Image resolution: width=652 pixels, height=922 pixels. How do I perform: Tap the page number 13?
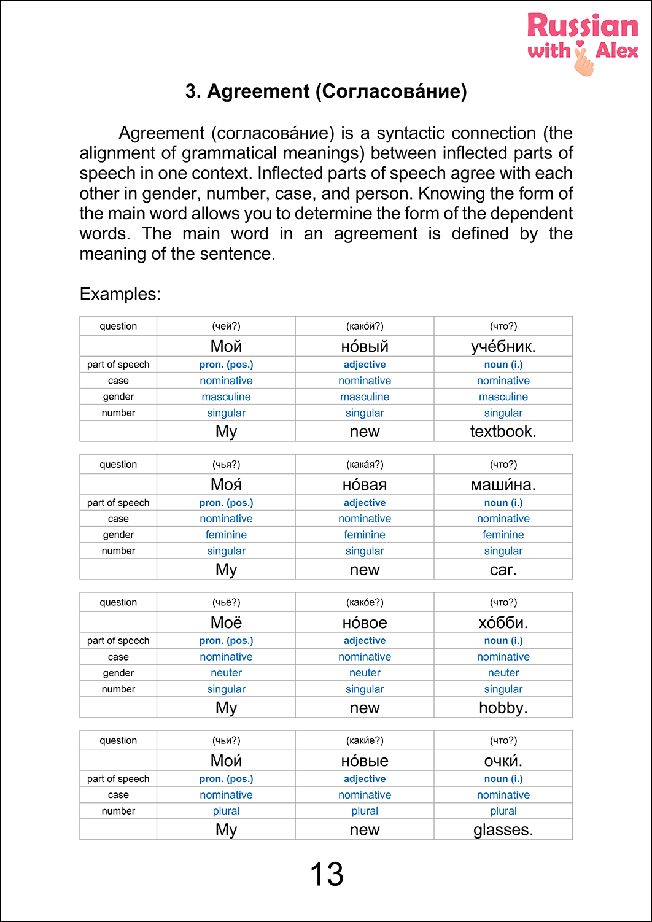click(x=327, y=874)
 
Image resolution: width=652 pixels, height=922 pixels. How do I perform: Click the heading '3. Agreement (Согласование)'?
click(x=326, y=91)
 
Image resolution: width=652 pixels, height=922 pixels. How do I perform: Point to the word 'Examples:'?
click(x=120, y=294)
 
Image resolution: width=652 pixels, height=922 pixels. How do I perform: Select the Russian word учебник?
click(x=503, y=346)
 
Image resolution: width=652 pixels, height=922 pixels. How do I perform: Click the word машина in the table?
click(x=503, y=484)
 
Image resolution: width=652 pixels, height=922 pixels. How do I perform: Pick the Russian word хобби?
click(x=503, y=622)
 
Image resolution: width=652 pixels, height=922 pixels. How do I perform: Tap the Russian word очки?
click(x=503, y=761)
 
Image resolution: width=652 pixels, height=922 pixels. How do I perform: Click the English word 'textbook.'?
click(x=503, y=432)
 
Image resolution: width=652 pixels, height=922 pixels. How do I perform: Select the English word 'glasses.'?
click(x=503, y=830)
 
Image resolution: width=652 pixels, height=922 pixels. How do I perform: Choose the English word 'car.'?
click(x=503, y=570)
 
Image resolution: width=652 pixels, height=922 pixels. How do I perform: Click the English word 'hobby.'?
click(x=503, y=708)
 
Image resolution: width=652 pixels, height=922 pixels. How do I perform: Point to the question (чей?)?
click(x=226, y=327)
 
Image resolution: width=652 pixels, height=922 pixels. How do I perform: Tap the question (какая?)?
click(x=365, y=465)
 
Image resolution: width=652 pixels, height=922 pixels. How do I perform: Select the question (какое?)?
click(x=365, y=603)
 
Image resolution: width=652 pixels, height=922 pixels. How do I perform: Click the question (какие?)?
click(x=365, y=741)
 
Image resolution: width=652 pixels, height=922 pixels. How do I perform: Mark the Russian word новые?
click(x=365, y=761)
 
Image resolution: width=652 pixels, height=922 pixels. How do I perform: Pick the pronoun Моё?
click(x=226, y=622)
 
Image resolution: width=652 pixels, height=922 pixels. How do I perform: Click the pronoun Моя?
click(x=226, y=484)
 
